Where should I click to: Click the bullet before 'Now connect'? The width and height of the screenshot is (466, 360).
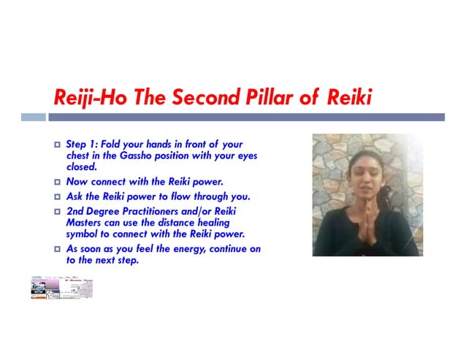click(58, 182)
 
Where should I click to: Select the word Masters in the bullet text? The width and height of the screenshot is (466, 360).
click(85, 223)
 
